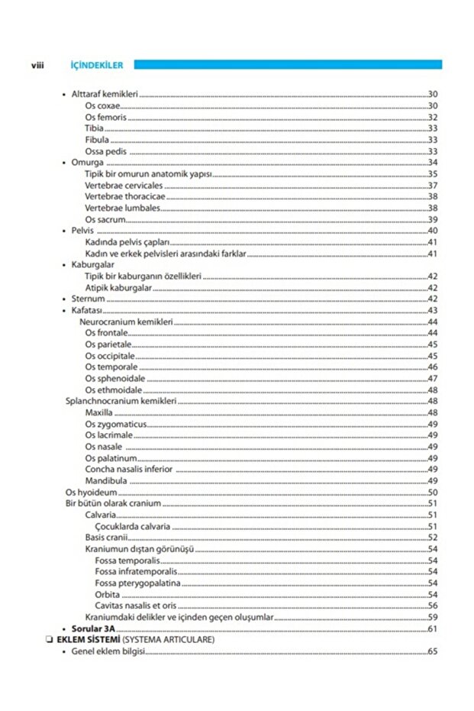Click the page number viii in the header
pos(36,66)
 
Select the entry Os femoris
pos(106,118)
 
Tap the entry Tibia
pos(95,129)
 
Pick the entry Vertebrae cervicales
pos(124,186)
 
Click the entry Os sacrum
pos(105,219)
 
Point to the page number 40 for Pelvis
pos(432,231)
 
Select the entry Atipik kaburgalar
pos(118,288)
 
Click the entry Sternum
pos(88,299)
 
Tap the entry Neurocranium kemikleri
pos(126,322)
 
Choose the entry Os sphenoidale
pos(115,379)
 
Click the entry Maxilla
pos(99,412)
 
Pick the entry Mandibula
pos(106,480)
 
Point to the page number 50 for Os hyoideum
pos(432,493)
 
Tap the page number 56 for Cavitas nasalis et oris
pos(432,606)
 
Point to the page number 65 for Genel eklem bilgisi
pos(432,651)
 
